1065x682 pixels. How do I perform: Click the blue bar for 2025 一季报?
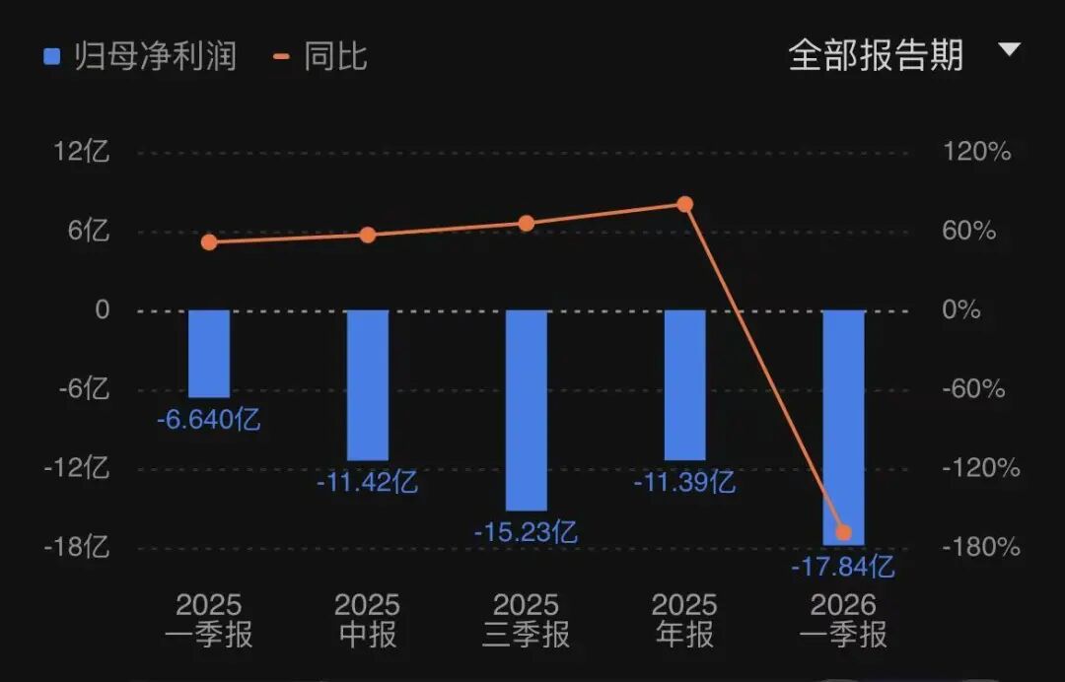209,354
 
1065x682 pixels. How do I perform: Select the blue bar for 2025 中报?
368,385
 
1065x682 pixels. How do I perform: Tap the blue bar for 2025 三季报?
527,411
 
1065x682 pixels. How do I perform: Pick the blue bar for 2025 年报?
684,385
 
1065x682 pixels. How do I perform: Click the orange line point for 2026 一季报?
843,532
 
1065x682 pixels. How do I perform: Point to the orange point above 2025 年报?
684,204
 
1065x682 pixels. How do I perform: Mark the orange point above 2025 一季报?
209,242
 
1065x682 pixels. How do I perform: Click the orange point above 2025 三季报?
527,224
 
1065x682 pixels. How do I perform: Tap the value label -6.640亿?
208,420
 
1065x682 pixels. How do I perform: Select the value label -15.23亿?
526,532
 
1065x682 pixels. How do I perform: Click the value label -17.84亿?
843,566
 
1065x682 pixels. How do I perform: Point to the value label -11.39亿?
684,483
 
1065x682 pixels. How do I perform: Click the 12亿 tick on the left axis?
82,152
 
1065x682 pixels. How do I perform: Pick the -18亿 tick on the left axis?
77,547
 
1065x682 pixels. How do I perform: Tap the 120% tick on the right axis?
976,152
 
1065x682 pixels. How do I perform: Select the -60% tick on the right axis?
973,389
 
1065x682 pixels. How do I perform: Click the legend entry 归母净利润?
140,55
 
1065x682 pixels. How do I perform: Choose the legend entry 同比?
319,55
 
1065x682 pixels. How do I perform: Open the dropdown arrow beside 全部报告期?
1010,49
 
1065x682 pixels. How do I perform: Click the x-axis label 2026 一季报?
843,620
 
